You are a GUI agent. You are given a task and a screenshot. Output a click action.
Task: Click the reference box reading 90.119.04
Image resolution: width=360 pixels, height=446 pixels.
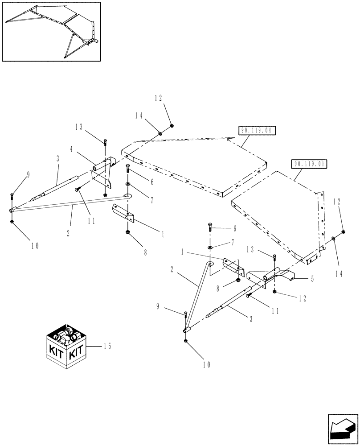[257, 131]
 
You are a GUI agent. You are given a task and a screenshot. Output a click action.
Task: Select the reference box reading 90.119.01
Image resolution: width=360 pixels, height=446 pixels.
[309, 164]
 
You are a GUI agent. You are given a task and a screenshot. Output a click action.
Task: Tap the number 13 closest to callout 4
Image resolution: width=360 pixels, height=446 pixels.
[79, 127]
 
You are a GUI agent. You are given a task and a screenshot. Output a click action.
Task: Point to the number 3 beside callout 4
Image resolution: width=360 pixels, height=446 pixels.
[57, 158]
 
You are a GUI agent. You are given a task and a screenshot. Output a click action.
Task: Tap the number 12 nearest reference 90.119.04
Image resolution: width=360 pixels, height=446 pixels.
[159, 98]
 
